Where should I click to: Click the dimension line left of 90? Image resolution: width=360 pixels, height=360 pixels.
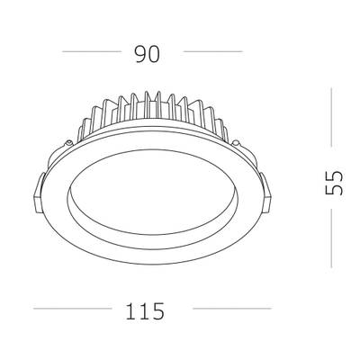(x=91, y=53)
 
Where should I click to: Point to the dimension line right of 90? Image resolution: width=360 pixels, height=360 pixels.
(x=212, y=53)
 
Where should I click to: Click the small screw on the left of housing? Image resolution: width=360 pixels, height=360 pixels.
(x=69, y=144)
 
